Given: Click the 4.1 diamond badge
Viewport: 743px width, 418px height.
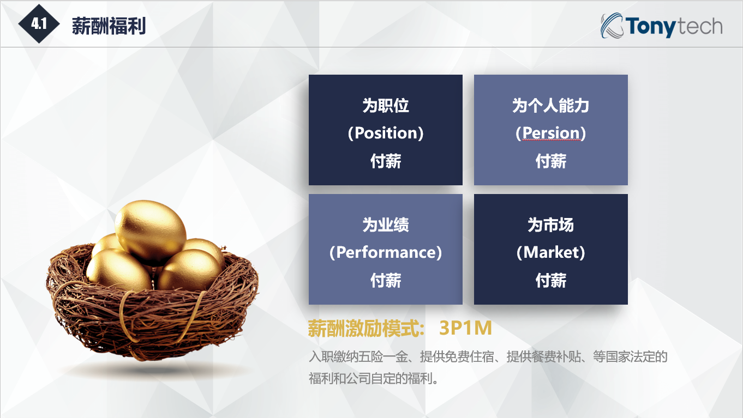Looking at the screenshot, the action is pos(39,24).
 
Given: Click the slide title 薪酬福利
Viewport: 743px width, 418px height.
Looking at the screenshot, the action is pos(109,26).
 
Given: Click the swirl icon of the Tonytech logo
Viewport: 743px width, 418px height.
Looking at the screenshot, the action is pos(612,26).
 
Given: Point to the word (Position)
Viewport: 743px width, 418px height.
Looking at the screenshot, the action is pos(386,133).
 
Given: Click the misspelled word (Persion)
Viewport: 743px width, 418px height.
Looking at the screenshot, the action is pos(550,133).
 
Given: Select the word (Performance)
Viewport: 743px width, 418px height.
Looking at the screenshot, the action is pos(386,252).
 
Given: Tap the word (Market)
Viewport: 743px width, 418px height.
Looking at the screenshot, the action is pos(550,252).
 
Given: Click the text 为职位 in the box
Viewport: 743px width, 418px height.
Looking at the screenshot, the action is pos(386,105).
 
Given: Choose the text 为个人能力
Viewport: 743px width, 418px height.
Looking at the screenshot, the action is pos(550,105).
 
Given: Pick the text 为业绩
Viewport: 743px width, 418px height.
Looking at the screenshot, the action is pos(386,225).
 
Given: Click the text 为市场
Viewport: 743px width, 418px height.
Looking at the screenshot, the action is pos(550,225).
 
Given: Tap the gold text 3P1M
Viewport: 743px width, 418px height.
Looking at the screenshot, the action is pos(465,328).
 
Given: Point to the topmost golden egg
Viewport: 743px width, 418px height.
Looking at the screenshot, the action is pos(151,232).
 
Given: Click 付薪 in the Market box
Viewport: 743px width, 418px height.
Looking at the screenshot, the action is pos(550,281).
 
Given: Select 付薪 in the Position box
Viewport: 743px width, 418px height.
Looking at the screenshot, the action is pos(386,161).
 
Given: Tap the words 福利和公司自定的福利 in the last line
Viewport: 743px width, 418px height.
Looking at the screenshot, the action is pos(370,378).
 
